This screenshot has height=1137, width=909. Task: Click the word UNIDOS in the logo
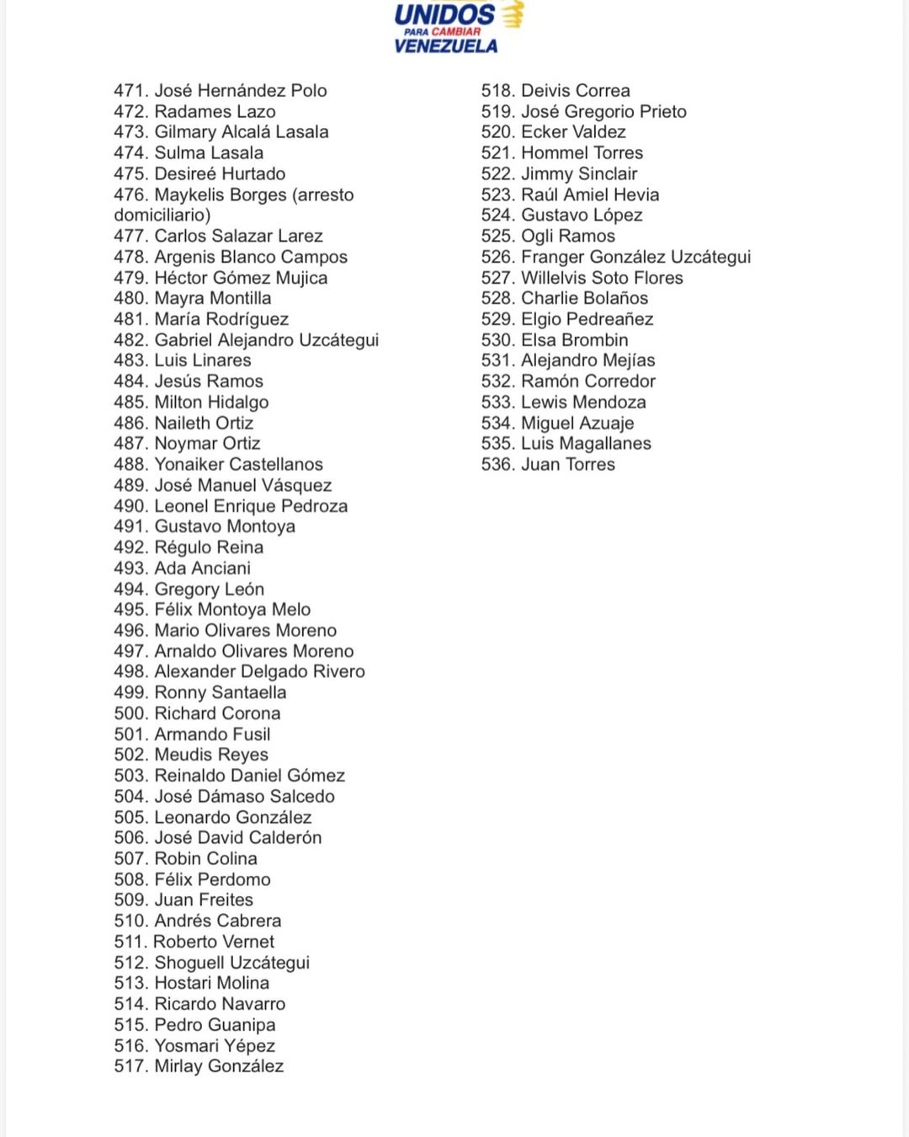tap(444, 14)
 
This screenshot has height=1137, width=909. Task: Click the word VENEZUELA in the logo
tap(445, 45)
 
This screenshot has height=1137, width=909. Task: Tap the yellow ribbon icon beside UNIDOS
tap(513, 14)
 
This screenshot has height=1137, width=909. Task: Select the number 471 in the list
tap(130, 91)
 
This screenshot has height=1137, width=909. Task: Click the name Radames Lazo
tap(215, 112)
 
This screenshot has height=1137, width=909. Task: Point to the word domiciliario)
tap(162, 216)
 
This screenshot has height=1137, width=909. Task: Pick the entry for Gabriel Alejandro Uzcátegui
tap(266, 340)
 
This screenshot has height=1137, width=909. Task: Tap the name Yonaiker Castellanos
tap(238, 465)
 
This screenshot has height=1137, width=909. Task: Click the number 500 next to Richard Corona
tap(130, 713)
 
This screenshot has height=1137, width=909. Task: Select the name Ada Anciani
tap(202, 568)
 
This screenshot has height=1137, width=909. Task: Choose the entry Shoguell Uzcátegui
tap(231, 963)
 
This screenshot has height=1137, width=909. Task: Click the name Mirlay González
tap(219, 1066)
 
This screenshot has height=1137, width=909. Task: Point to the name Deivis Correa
tap(575, 91)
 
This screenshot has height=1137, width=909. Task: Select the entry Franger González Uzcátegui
tap(635, 257)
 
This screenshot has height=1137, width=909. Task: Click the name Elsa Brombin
tap(574, 340)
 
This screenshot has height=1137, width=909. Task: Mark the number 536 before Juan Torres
tap(497, 465)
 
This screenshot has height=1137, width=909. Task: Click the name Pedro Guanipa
tap(215, 1025)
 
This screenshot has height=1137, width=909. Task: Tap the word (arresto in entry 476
tap(323, 195)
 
